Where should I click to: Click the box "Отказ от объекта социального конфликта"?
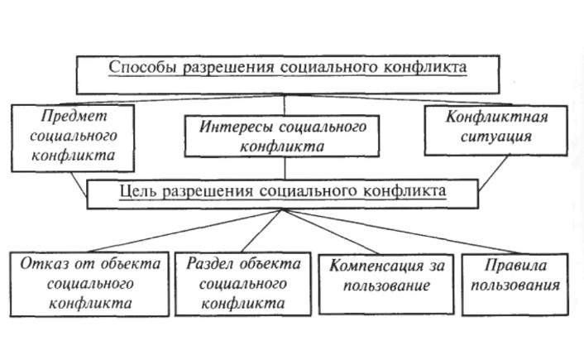[90, 283]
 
